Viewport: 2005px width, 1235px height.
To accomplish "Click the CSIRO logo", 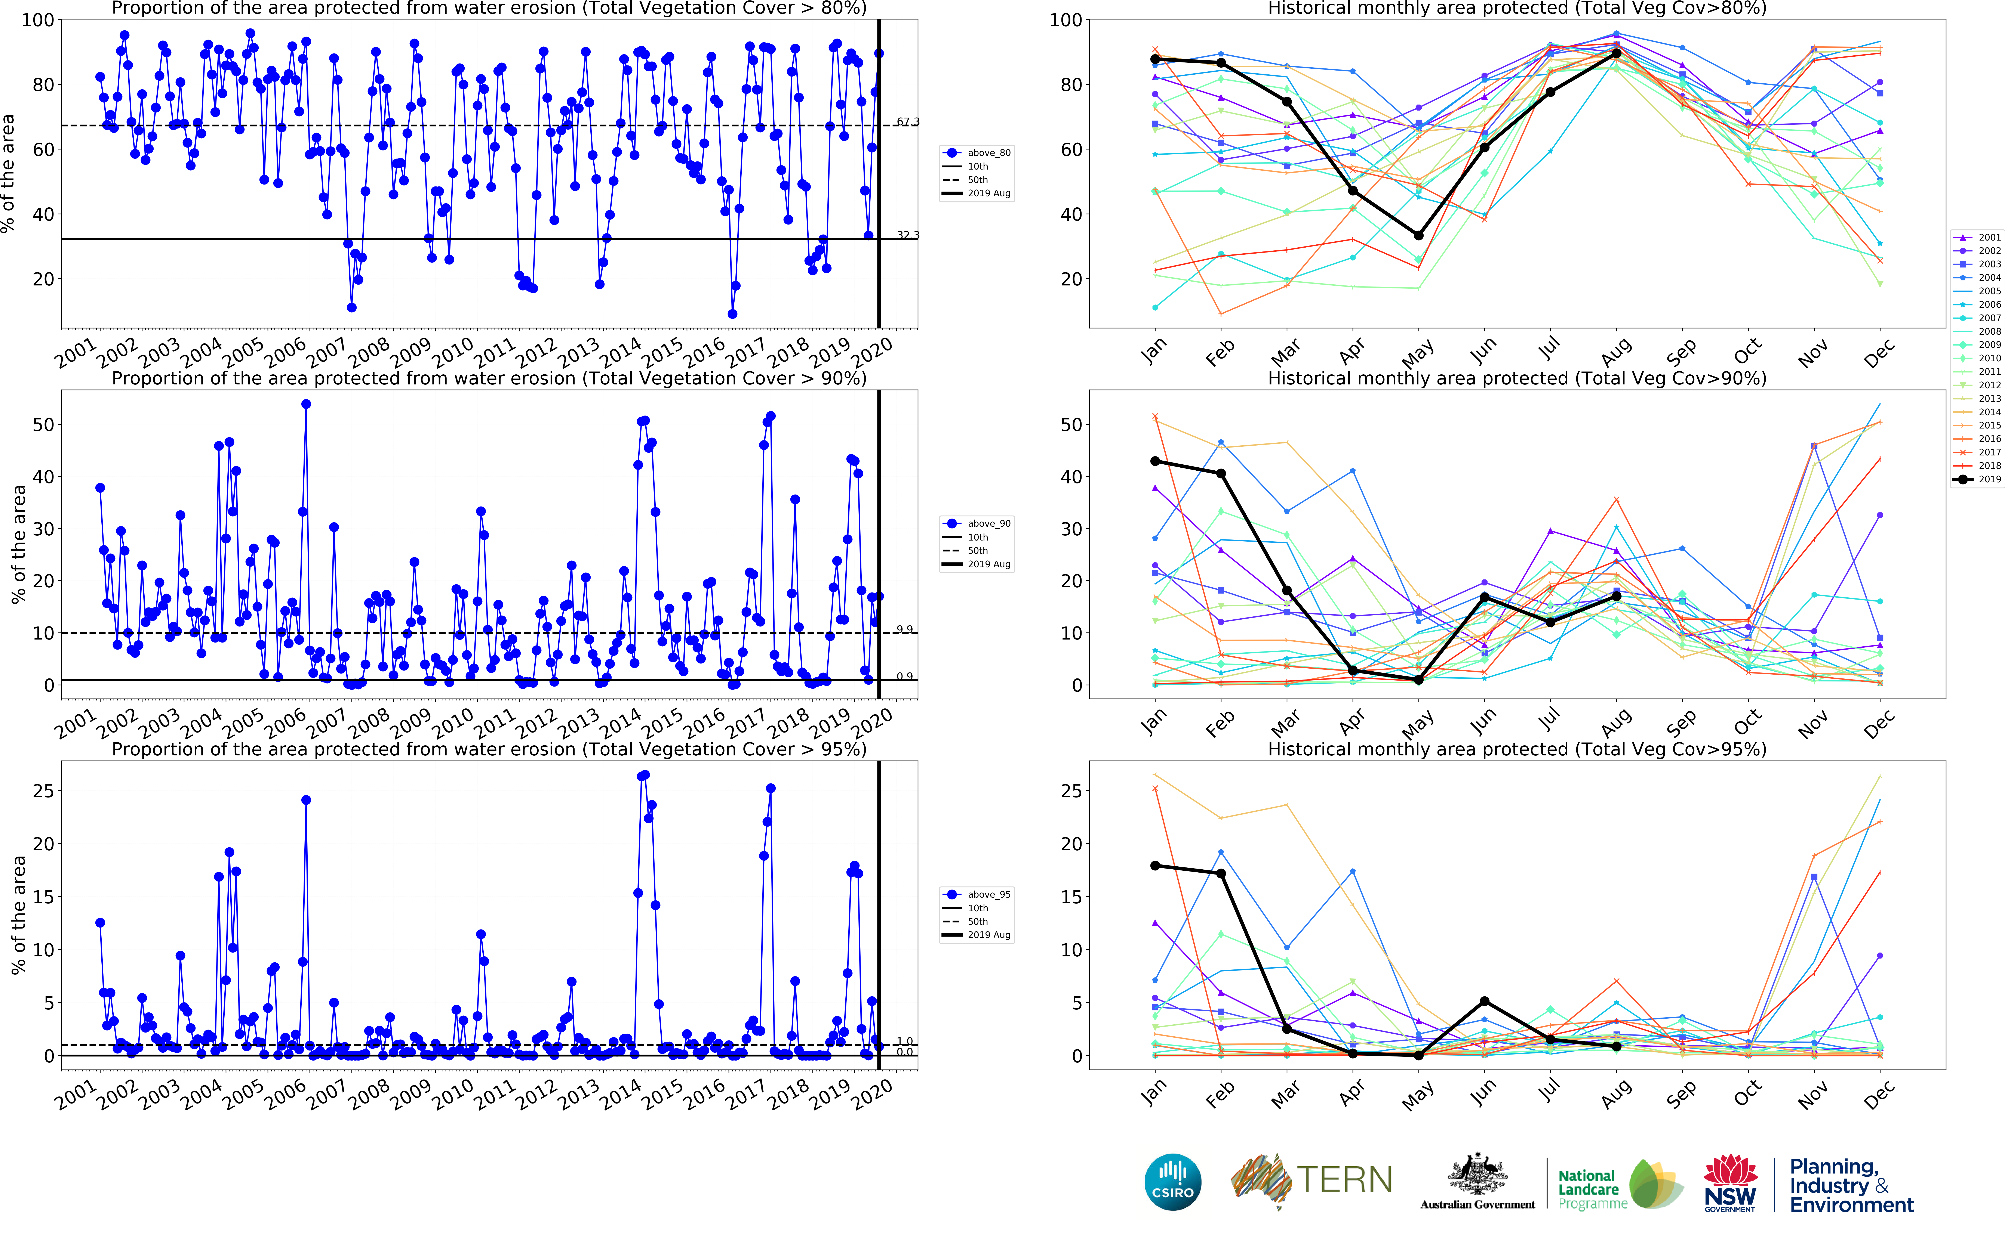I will pos(1172,1182).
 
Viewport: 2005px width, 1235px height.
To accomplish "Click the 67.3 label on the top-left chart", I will pos(908,122).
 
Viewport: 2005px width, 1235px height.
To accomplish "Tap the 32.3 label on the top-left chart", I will pos(908,235).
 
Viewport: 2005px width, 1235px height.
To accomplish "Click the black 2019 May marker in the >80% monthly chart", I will pos(1418,235).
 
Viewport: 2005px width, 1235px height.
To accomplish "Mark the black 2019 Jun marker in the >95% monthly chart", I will pos(1485,1001).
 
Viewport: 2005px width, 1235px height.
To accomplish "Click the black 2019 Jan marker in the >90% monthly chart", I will pos(1154,461).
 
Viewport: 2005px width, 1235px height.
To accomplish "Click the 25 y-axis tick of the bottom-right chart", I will pos(1071,791).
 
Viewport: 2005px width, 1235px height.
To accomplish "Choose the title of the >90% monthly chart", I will pos(1516,378).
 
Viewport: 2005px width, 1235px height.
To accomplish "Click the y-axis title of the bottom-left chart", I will pos(18,915).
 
